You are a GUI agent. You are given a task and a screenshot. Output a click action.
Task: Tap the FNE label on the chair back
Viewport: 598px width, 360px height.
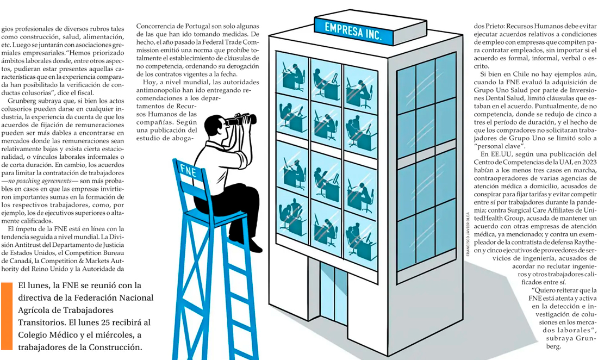tap(188, 171)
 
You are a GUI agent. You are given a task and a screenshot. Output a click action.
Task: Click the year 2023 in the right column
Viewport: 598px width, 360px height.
tap(588, 162)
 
